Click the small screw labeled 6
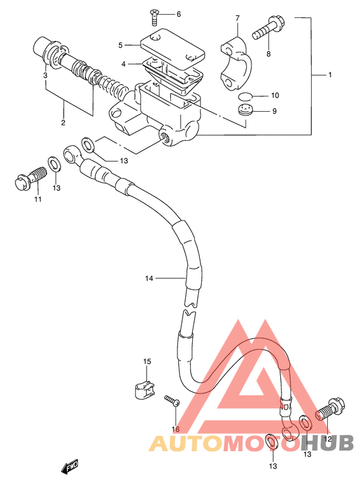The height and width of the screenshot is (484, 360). [x=154, y=17]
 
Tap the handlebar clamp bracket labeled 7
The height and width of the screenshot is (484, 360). [x=236, y=63]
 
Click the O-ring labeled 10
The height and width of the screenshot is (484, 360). [x=245, y=96]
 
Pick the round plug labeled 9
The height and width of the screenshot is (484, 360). [x=246, y=110]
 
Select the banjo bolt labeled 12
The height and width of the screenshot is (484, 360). [x=330, y=408]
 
